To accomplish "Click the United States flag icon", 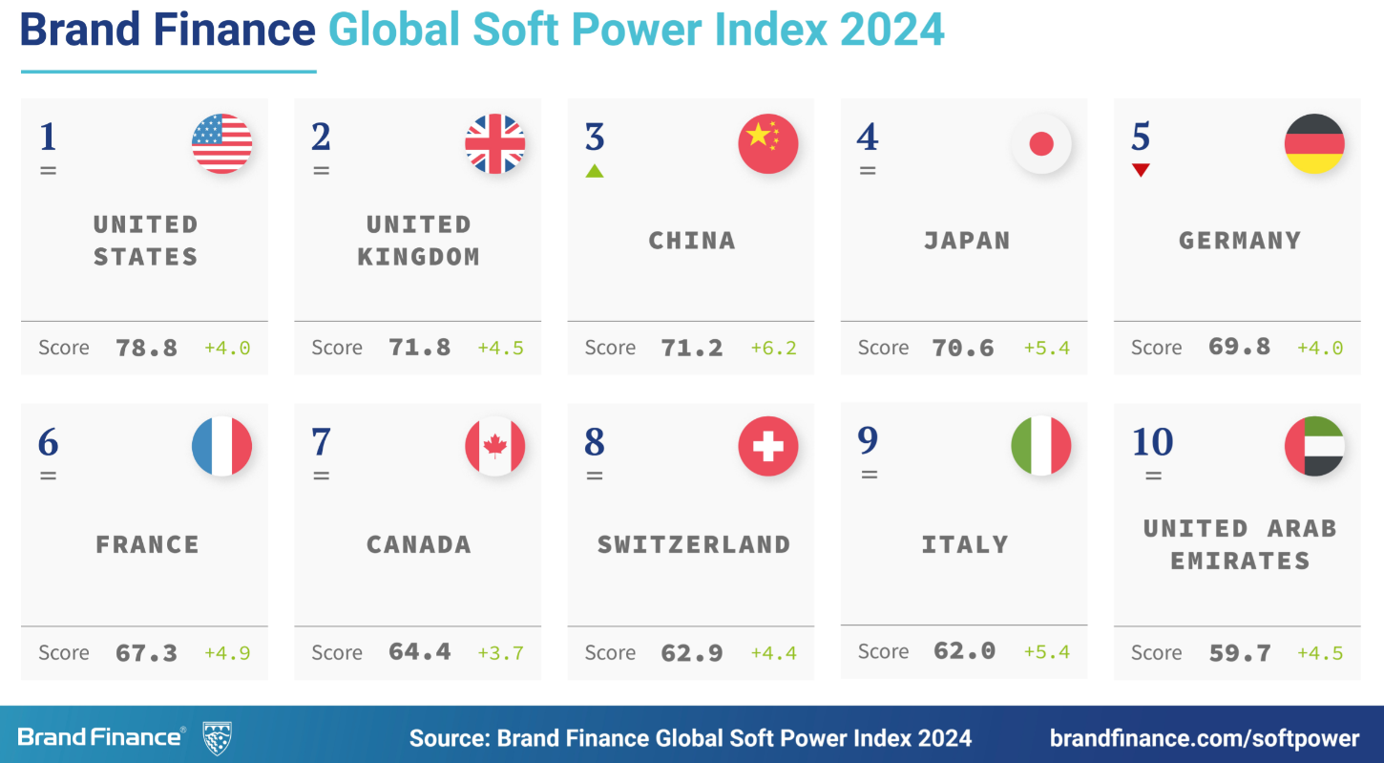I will coord(222,144).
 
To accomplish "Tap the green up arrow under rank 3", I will coord(595,171).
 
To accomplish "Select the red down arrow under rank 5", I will coord(1141,170).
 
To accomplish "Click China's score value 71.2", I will coord(692,348).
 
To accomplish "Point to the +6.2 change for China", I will coord(773,348).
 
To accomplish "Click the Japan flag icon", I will coord(1041,144).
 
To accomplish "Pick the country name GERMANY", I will coord(1240,241).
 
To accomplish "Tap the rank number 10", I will coord(1152,442).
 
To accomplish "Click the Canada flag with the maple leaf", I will coord(494,446).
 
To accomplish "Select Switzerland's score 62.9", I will coord(692,653).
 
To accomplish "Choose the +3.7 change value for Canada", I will coord(500,653).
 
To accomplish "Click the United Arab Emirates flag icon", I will coord(1314,446).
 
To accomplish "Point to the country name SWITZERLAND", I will coord(694,545).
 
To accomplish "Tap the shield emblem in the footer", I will coord(218,738).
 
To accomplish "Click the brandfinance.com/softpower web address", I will coord(1205,738).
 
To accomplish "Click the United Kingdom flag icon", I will coord(494,144).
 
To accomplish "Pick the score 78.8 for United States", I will coord(146,348).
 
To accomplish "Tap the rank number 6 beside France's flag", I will coord(49,442).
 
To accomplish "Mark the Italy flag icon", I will coord(1041,446).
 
